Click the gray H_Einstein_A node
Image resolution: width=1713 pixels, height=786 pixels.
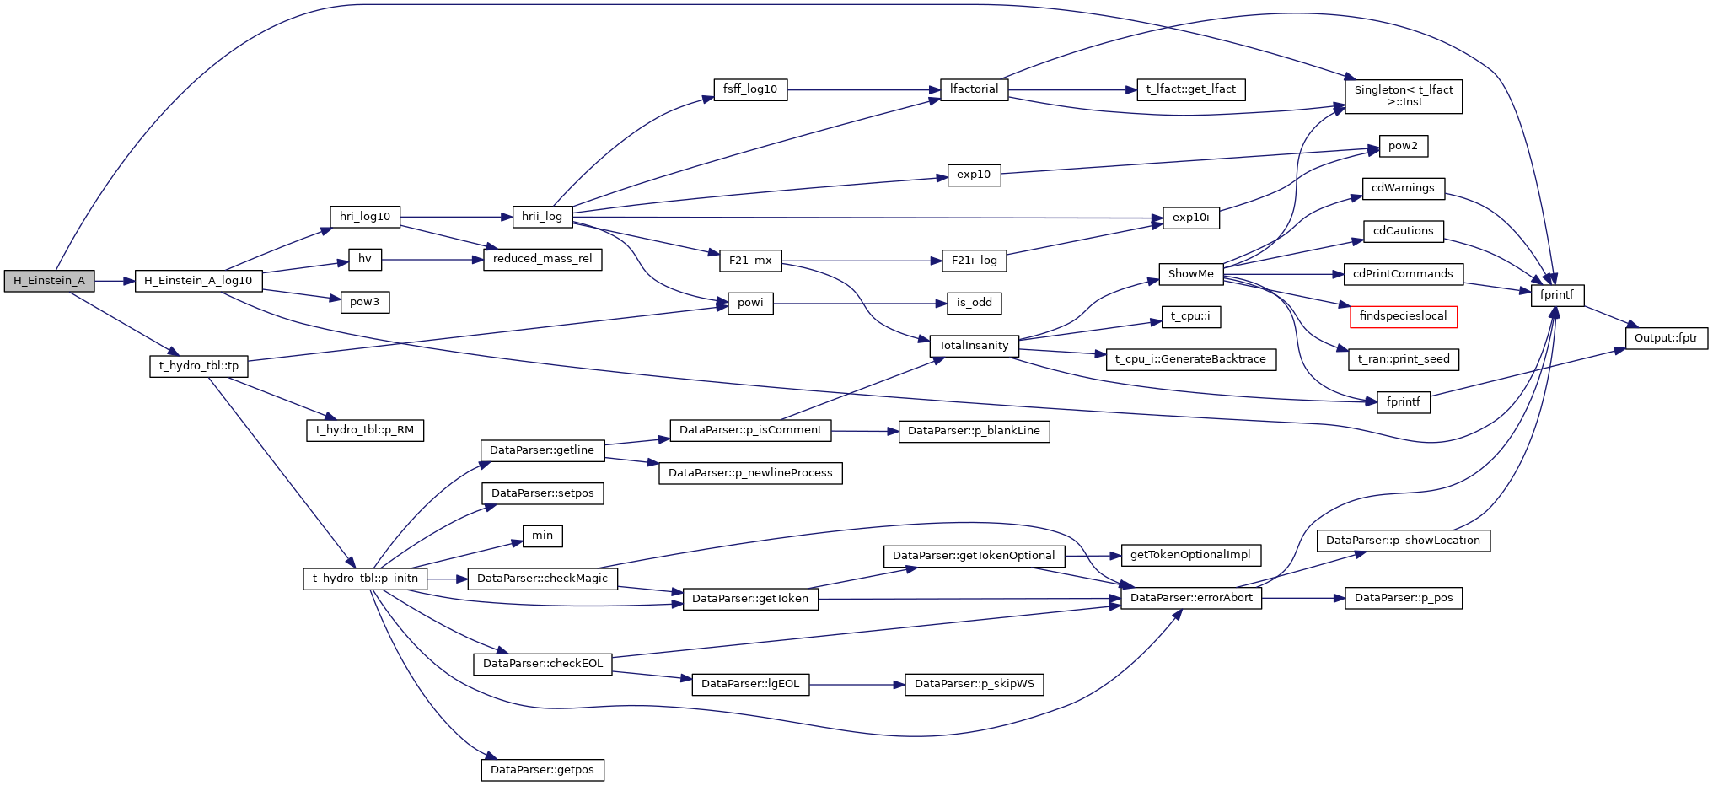(x=49, y=281)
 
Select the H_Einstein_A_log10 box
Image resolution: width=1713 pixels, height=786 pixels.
(x=198, y=281)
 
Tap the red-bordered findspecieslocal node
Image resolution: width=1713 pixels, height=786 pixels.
(x=1403, y=316)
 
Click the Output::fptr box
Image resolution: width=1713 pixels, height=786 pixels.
(x=1666, y=338)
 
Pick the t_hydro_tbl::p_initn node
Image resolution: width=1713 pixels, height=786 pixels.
(x=365, y=579)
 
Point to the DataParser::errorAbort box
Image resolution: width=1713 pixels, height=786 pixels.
(x=1191, y=598)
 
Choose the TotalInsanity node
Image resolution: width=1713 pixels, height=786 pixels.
(x=974, y=346)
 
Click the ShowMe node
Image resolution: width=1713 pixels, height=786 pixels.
(x=1190, y=274)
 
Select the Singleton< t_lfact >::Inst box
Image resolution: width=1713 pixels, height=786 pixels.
(x=1403, y=96)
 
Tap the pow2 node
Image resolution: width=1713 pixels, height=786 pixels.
(x=1403, y=146)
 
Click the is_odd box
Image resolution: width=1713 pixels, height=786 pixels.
(x=974, y=303)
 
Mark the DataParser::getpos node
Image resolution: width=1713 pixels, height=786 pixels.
(x=542, y=770)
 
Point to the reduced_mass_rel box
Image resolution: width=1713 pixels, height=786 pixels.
(x=542, y=259)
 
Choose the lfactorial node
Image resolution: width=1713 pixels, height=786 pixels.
(x=974, y=89)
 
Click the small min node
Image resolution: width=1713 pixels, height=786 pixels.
(x=542, y=536)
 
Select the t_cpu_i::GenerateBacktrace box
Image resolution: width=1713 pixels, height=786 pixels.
(x=1190, y=359)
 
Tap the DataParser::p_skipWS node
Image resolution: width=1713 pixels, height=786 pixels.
(x=974, y=684)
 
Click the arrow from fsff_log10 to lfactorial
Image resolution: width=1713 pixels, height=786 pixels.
(x=863, y=89)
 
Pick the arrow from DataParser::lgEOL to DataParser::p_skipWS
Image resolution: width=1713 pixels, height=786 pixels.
(x=856, y=685)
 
